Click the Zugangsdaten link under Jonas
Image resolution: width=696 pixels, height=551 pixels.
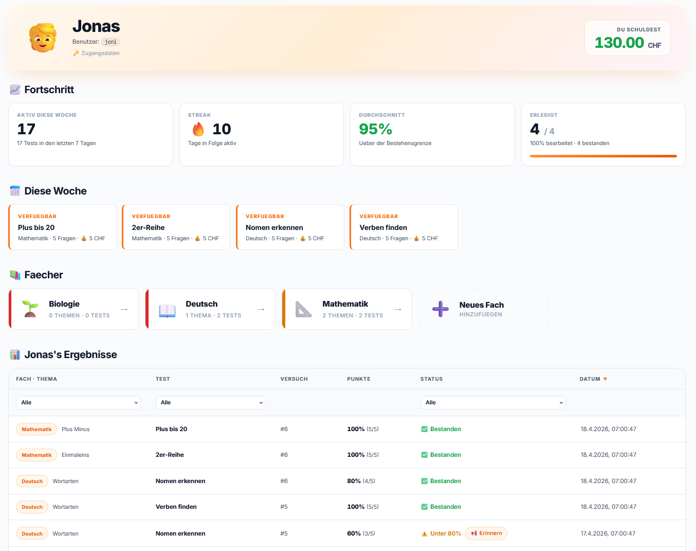96,53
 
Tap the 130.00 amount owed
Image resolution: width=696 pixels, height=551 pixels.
619,43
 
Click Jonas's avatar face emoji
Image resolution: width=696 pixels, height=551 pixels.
43,38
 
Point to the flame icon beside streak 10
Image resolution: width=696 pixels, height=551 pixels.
198,129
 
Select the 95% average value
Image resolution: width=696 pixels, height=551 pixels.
375,129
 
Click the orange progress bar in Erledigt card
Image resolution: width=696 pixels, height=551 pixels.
603,156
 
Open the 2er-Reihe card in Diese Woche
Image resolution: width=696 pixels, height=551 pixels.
176,227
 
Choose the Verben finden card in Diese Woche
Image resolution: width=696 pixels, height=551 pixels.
404,227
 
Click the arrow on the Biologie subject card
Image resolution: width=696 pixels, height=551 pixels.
124,310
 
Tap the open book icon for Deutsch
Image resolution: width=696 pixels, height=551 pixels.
167,310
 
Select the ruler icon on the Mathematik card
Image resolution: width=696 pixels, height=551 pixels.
304,309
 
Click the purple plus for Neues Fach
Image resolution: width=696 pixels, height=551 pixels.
441,309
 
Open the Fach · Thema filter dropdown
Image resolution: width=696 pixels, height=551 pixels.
78,402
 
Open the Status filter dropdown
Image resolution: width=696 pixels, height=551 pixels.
493,402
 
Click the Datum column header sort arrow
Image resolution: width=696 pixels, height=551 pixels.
605,379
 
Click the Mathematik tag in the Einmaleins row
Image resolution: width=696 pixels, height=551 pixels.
36,455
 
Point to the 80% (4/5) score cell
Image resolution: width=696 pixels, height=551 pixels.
361,481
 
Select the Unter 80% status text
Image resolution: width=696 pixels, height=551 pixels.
445,533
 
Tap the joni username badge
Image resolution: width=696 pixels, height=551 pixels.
111,42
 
